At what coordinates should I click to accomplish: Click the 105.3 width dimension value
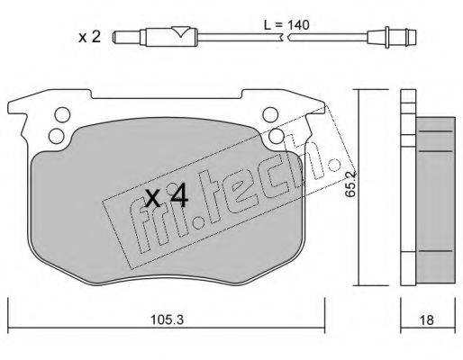(x=167, y=319)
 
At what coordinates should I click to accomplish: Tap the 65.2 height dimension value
(x=350, y=184)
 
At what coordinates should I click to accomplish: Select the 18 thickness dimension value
(x=426, y=320)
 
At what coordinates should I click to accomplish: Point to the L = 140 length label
(x=286, y=25)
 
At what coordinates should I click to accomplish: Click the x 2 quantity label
(x=89, y=37)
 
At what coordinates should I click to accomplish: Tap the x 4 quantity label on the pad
(x=167, y=196)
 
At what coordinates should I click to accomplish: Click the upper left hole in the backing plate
(x=62, y=115)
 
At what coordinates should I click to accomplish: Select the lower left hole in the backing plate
(x=56, y=136)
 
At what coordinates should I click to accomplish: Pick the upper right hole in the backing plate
(x=269, y=115)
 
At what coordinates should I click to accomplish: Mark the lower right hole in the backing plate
(x=277, y=136)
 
